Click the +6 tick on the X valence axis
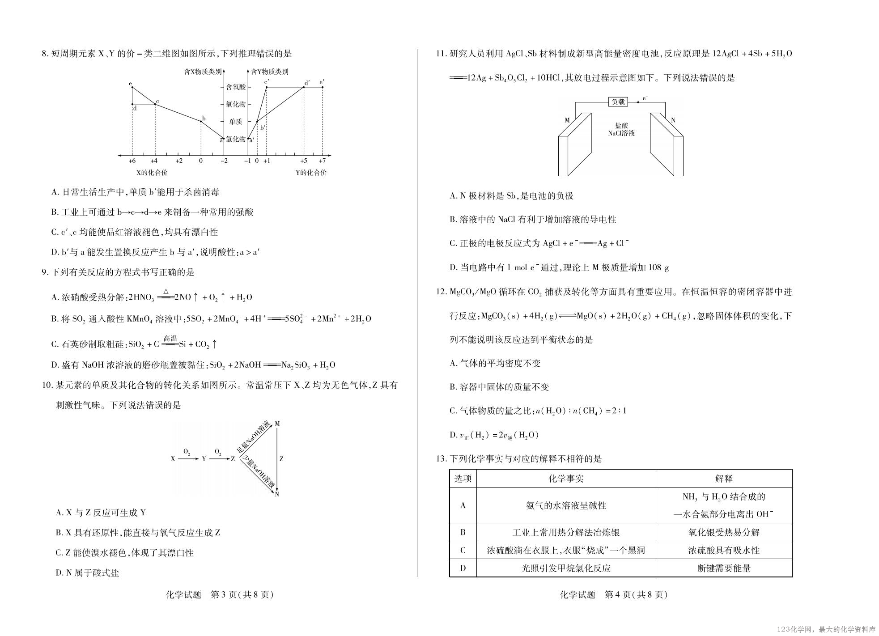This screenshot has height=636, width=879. click(132, 161)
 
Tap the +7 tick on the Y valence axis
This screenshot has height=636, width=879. click(322, 161)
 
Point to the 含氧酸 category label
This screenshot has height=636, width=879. click(236, 87)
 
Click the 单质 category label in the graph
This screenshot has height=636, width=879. click(236, 122)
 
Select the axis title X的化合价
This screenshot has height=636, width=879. click(152, 173)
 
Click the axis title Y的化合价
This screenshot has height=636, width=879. click(311, 173)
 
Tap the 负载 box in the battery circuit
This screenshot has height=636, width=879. click(618, 102)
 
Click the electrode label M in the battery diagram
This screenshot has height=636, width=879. click(567, 120)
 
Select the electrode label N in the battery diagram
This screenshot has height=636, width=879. click(673, 120)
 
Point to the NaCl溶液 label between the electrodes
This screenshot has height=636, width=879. click(621, 133)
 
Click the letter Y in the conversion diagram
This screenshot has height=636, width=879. click(204, 459)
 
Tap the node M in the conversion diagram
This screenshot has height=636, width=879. click(277, 424)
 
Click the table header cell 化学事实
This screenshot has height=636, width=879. click(566, 479)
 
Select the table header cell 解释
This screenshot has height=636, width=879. click(724, 479)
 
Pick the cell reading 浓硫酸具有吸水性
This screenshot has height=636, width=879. click(724, 551)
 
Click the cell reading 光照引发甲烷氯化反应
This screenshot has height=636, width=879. click(566, 568)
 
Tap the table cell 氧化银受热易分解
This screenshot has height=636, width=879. click(724, 533)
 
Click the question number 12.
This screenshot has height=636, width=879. click(442, 292)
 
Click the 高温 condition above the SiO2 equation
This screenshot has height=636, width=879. click(170, 339)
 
